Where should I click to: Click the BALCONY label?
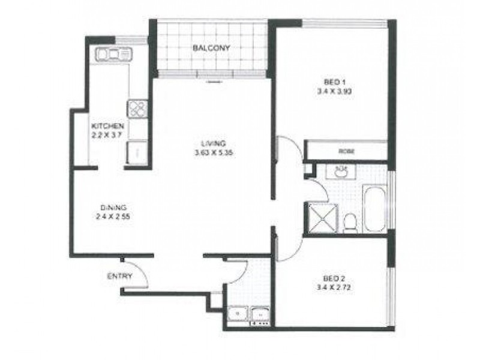pyautogui.click(x=211, y=48)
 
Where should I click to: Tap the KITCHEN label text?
pyautogui.click(x=107, y=127)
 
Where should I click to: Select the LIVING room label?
pyautogui.click(x=213, y=143)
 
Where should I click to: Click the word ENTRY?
pyautogui.click(x=119, y=277)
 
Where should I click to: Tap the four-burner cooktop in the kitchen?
pyautogui.click(x=136, y=109)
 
